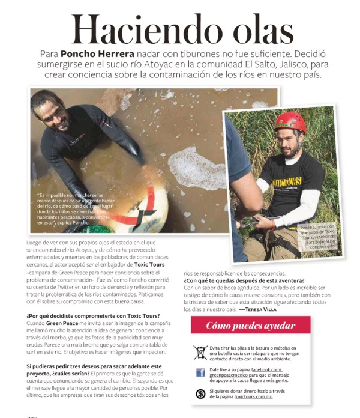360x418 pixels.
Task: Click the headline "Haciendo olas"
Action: pyautogui.click(x=181, y=27)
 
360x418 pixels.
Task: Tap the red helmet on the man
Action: pyautogui.click(x=290, y=123)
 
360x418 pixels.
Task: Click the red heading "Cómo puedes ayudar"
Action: pyautogui.click(x=251, y=326)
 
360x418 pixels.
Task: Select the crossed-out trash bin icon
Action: pyautogui.click(x=200, y=352)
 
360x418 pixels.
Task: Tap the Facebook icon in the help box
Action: pyautogui.click(x=200, y=373)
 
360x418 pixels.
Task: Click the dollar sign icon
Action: pyautogui.click(x=200, y=393)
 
